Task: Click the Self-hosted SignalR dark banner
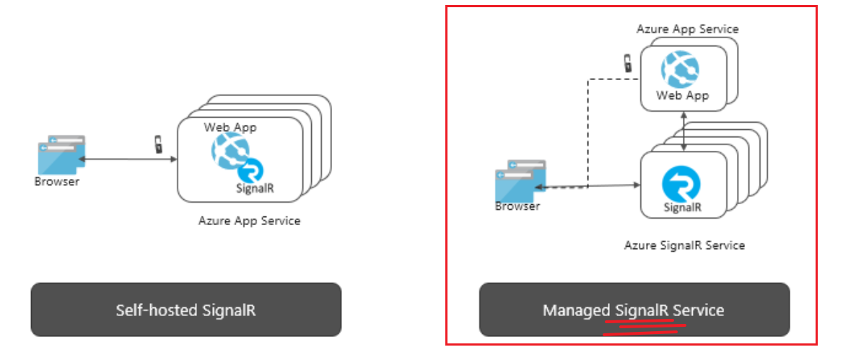tap(185, 309)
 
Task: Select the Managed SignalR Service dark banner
tap(634, 309)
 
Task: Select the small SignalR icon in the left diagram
tap(250, 172)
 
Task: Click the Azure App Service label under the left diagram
tap(249, 221)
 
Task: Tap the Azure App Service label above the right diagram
tap(687, 29)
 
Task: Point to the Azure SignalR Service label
tap(684, 245)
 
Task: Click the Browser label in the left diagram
tap(57, 181)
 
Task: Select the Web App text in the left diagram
tap(230, 127)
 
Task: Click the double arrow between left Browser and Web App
tap(126, 159)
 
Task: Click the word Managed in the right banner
tap(577, 310)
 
